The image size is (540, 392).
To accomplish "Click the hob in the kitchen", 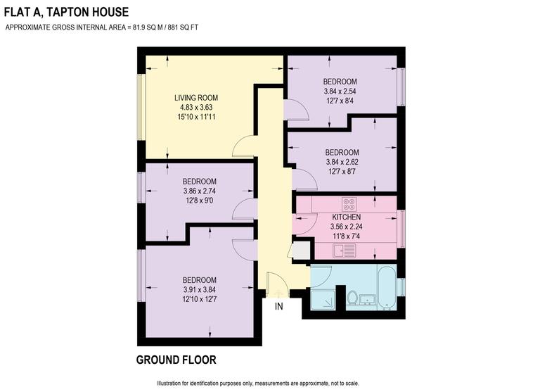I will click(x=349, y=204).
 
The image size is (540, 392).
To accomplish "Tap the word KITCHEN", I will click(x=346, y=217).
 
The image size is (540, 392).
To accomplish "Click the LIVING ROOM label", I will click(x=196, y=97).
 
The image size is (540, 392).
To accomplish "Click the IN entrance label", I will click(x=278, y=307).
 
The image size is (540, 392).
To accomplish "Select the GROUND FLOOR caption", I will click(x=176, y=360).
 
